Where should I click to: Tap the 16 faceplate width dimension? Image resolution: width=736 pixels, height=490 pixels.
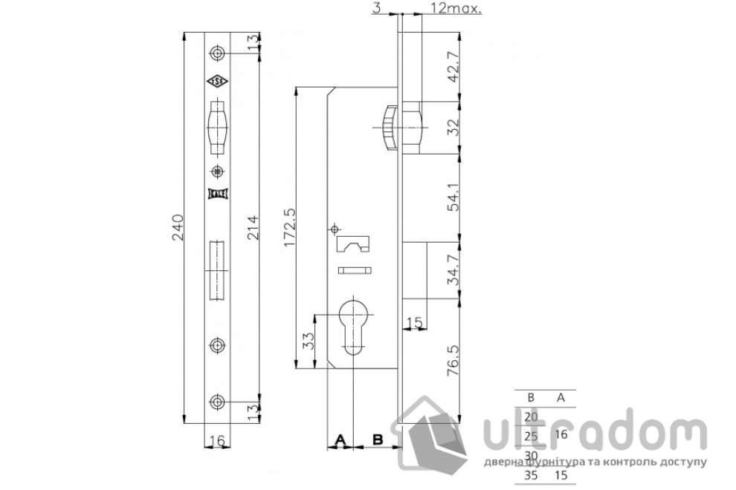(216, 441)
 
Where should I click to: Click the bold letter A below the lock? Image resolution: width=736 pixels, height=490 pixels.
(340, 440)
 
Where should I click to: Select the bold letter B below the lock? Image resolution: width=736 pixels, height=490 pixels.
(378, 440)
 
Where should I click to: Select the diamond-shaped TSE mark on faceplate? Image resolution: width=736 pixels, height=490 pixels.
(216, 82)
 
